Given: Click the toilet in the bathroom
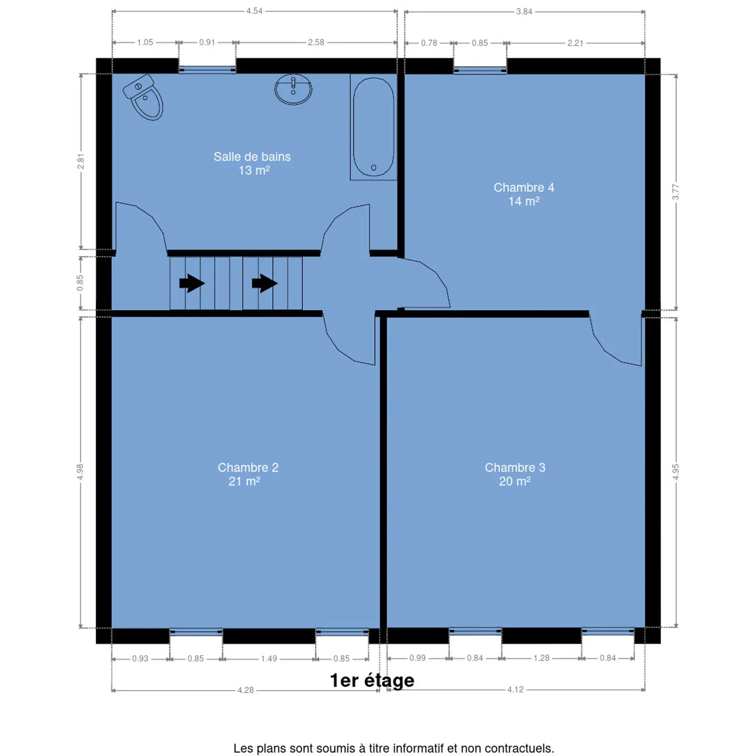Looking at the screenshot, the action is (143, 98).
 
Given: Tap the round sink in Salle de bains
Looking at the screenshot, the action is (293, 89).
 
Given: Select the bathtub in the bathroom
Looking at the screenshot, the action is (373, 127).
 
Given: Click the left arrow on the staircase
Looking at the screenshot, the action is (192, 283).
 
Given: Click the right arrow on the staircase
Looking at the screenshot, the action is (265, 283).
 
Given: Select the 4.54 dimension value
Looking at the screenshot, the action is (254, 11).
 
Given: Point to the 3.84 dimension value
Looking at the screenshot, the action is (524, 12).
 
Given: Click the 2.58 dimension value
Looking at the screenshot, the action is (316, 43).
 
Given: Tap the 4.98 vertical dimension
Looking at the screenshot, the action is (80, 471).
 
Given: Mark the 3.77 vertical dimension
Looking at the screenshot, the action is (676, 192).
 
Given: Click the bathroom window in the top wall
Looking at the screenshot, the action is (207, 70).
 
